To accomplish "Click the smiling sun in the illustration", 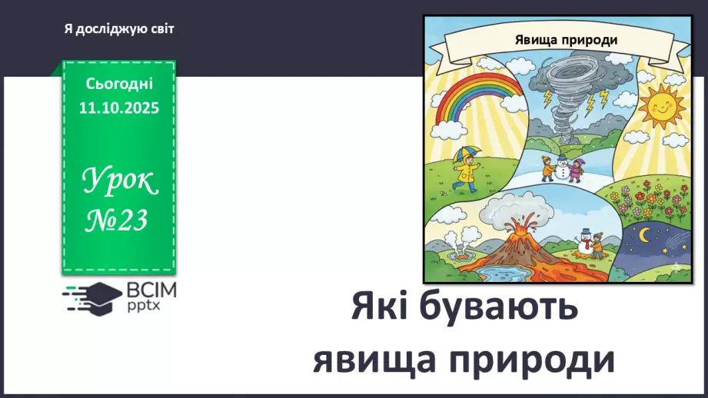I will click(x=660, y=108).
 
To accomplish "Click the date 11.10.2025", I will click(x=118, y=108).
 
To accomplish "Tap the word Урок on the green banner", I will click(x=119, y=181).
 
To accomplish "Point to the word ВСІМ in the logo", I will click(x=149, y=290).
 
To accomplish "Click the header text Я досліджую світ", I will click(x=119, y=29).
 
